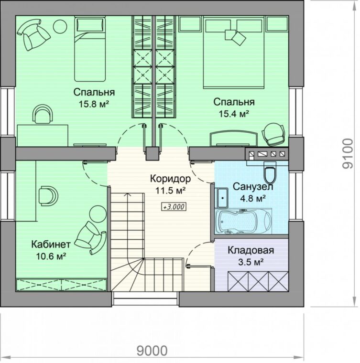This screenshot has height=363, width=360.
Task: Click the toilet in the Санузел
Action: (x=270, y=172)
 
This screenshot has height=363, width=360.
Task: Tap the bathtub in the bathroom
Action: (x=243, y=222)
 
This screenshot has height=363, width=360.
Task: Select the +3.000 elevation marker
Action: (x=174, y=207)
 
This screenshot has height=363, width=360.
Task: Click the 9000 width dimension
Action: (x=152, y=351)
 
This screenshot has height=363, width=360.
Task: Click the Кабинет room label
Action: (x=51, y=244)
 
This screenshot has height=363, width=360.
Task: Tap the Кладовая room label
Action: (x=251, y=250)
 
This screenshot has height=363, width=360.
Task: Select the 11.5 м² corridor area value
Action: (x=170, y=191)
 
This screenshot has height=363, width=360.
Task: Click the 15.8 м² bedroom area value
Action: (x=94, y=104)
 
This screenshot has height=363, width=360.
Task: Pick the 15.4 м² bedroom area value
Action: (x=234, y=114)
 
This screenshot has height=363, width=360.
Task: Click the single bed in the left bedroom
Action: (x=90, y=49)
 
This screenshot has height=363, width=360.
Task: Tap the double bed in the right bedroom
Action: (x=234, y=53)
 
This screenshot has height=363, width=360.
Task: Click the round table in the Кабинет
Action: (x=98, y=214)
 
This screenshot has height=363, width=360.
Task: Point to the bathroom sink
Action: (x=222, y=198)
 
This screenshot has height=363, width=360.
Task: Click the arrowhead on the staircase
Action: (x=127, y=195)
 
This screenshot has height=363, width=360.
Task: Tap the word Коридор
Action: (x=171, y=179)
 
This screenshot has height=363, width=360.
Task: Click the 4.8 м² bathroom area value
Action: (x=253, y=199)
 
